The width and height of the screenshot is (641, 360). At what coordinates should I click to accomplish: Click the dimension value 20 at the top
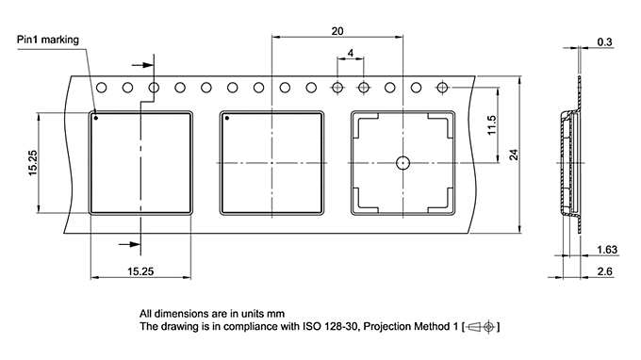337,30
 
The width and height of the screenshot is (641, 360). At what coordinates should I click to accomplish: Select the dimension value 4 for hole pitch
350,55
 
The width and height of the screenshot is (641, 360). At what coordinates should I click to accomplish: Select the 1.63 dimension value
607,251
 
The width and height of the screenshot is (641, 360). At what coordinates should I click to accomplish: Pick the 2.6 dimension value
606,271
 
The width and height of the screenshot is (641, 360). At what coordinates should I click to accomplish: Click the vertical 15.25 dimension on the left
32,162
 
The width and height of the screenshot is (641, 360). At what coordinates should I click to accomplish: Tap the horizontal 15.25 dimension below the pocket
140,271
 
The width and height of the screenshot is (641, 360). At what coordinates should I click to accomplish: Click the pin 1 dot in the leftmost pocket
96,119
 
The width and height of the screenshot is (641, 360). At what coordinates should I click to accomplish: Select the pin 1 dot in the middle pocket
227,119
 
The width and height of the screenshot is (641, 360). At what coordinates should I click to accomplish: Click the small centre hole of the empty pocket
403,162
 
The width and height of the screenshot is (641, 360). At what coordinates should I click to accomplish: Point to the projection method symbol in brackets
482,326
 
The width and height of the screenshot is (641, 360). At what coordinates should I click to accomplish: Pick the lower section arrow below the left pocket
123,244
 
